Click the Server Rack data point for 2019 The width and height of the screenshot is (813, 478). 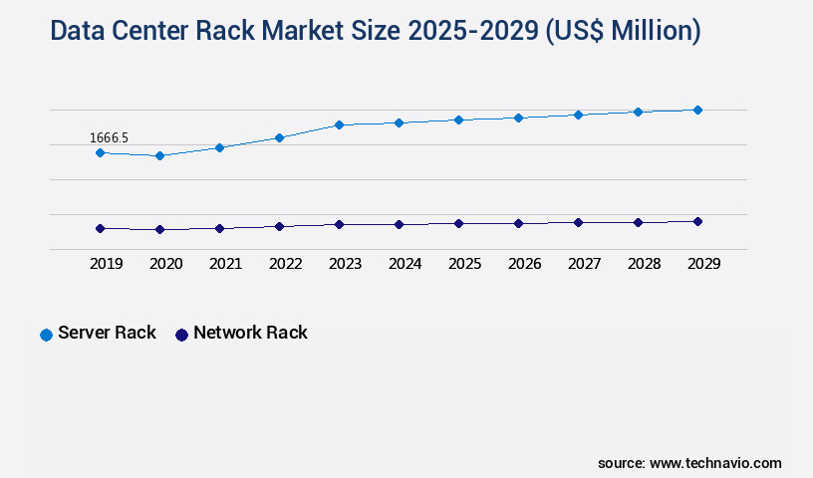point(100,152)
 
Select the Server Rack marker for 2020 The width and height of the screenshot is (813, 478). point(159,155)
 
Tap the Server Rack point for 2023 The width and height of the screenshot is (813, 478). point(339,124)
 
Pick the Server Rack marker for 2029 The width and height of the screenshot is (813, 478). point(697,110)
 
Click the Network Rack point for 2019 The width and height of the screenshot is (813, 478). point(100,228)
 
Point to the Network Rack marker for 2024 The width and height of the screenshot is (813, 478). point(399,224)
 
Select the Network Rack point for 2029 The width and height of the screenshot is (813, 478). point(697,221)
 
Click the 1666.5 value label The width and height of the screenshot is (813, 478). point(109,137)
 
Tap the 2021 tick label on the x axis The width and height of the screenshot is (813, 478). point(225,264)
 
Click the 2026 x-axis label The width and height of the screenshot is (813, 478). point(524,264)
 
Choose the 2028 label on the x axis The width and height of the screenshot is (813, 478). point(644,264)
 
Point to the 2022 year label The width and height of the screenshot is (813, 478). point(285,264)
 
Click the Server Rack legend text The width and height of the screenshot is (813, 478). point(107,333)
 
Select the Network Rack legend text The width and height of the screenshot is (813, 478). point(250,333)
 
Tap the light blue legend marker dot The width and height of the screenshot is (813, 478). point(46,335)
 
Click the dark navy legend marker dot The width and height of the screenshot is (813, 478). point(181,335)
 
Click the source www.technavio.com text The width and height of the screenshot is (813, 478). point(689,463)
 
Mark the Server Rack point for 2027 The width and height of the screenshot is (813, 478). point(578,115)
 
